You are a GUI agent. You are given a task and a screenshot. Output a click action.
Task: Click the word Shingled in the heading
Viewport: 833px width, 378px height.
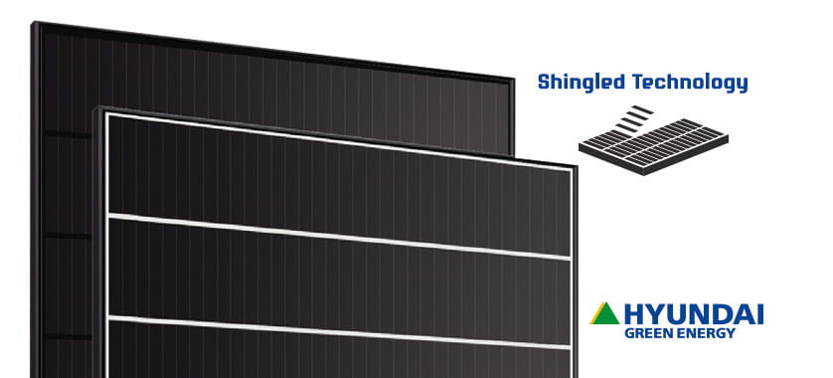581,83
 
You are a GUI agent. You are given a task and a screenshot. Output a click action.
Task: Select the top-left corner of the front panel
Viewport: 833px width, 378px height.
96,106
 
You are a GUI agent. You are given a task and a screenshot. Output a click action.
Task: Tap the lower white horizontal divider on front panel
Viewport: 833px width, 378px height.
338,331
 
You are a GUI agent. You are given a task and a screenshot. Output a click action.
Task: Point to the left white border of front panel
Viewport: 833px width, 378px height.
106,249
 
